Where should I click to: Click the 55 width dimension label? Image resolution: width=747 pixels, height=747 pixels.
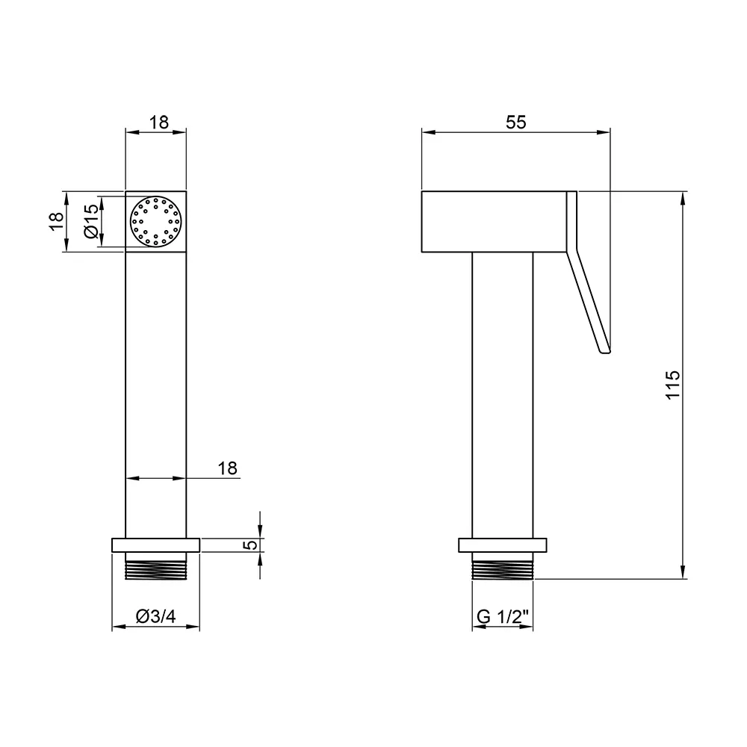point(516,123)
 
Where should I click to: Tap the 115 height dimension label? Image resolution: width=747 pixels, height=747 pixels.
point(673,385)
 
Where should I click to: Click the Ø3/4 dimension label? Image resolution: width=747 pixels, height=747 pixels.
point(156,616)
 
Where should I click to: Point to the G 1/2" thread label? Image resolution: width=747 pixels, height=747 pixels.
point(503,616)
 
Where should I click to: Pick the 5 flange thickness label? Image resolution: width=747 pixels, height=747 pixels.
point(250,545)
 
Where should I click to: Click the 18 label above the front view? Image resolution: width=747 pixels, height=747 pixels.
point(159,123)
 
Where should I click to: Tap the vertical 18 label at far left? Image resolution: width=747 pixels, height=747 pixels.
point(56,221)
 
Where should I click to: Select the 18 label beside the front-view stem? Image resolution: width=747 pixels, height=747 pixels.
point(228,468)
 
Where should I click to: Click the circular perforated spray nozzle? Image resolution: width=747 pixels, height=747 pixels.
point(156,222)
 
